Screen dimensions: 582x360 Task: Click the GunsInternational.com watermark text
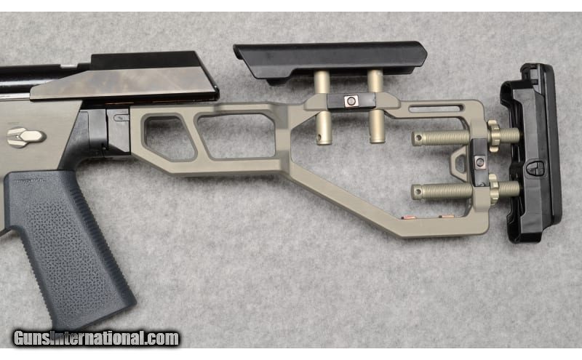tap(96, 338)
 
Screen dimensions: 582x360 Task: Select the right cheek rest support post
tap(375, 105)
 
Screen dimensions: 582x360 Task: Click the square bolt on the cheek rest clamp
tap(351, 100)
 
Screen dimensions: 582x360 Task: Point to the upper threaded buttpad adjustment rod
tap(466, 137)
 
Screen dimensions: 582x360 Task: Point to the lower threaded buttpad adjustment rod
tap(466, 191)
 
